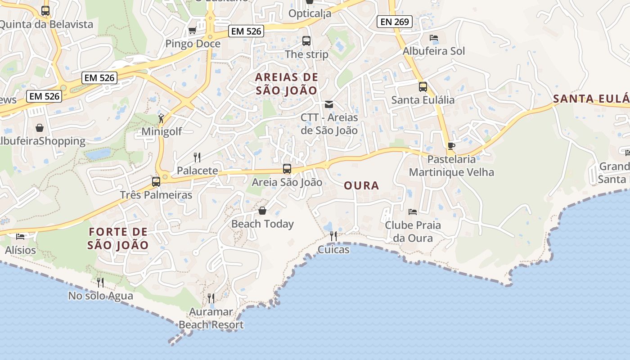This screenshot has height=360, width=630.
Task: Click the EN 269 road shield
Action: click(x=395, y=21)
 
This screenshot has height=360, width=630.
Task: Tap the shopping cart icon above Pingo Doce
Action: click(x=192, y=31)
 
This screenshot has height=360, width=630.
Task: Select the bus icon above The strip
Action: click(x=306, y=41)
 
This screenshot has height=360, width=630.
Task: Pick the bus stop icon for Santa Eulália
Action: click(x=423, y=87)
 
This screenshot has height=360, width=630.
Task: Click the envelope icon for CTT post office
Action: click(x=329, y=104)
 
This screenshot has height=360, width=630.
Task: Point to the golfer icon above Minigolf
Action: click(x=161, y=118)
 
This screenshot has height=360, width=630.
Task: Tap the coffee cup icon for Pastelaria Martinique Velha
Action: click(x=451, y=146)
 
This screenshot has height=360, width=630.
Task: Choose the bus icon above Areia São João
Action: click(x=287, y=169)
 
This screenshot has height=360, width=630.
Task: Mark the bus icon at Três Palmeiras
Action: click(x=156, y=182)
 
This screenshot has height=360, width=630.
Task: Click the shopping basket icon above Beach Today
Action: click(x=262, y=211)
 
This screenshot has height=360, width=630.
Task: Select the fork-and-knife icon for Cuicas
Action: click(x=333, y=236)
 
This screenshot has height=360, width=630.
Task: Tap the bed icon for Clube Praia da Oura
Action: click(x=412, y=211)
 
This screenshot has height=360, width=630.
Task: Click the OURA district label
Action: click(x=361, y=185)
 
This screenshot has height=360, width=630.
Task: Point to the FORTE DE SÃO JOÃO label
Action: click(x=118, y=238)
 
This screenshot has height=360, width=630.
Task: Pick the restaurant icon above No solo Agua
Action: click(x=100, y=283)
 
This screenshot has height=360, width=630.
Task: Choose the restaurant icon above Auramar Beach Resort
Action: click(x=211, y=298)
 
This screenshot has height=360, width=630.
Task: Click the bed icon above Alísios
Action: click(x=20, y=236)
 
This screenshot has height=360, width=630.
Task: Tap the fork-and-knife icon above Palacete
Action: click(x=197, y=157)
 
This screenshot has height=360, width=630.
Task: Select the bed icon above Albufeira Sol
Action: click(x=434, y=38)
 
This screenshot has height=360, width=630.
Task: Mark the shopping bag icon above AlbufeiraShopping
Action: click(x=40, y=128)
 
